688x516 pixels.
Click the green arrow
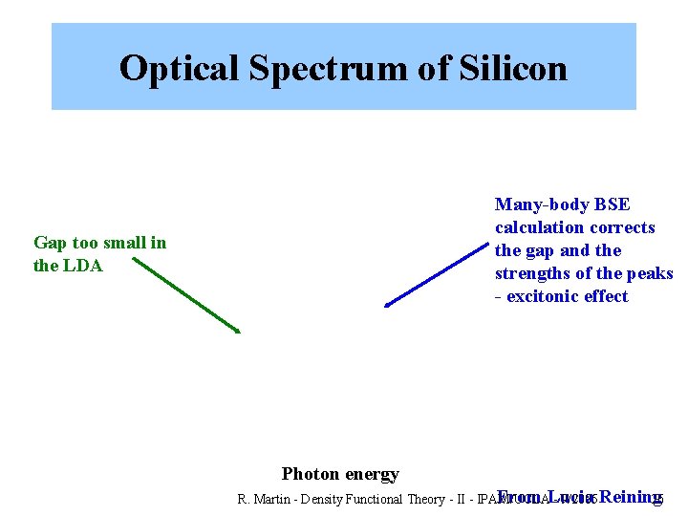[186, 294]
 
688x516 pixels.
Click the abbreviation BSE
[613, 204]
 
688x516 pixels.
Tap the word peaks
[650, 273]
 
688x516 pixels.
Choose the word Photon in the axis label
[310, 474]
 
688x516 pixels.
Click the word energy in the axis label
[372, 474]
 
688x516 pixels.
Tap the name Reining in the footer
[631, 497]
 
